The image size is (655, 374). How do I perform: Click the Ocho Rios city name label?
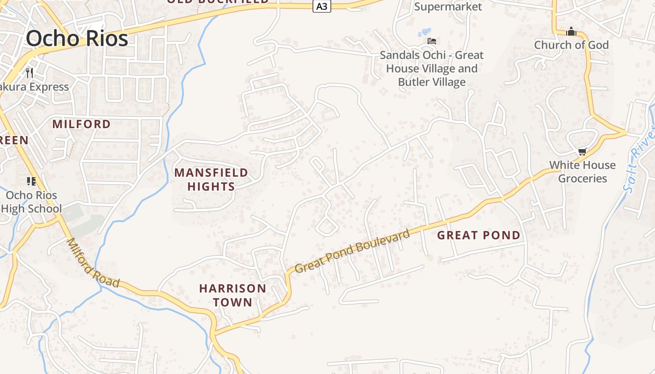[77, 38]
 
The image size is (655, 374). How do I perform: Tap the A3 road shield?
[321, 6]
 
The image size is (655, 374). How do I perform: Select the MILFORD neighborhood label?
[81, 124]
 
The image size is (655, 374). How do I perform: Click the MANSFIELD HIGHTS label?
[211, 180]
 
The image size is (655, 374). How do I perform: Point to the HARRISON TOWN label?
[233, 295]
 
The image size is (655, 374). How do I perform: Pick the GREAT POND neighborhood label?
[479, 235]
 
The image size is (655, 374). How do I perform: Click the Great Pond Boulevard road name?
[353, 251]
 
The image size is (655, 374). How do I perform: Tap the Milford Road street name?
[93, 263]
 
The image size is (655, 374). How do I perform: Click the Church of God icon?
[571, 32]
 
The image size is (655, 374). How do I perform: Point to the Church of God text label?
[571, 45]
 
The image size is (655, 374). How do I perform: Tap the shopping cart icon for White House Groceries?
[582, 151]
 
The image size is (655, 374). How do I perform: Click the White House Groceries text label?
[582, 172]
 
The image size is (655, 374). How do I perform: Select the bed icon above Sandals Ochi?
[432, 41]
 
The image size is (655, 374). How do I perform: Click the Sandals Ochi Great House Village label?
[431, 68]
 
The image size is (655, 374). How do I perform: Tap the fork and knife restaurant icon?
[29, 72]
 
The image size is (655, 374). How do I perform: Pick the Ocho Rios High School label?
[31, 201]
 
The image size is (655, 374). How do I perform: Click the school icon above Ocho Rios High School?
[31, 181]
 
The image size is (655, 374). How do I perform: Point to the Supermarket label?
[448, 7]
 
